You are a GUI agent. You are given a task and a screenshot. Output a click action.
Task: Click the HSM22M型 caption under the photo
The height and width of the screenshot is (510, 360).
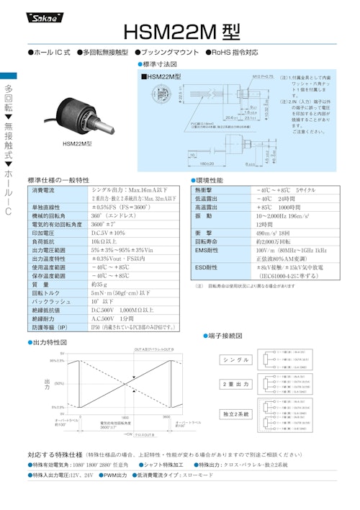point(78,143)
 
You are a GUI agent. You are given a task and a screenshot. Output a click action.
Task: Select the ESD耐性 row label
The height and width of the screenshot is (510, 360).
point(208,267)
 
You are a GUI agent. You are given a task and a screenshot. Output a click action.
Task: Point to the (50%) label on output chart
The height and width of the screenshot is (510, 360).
point(60,383)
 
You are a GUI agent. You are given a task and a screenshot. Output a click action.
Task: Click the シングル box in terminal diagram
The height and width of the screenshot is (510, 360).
point(235,359)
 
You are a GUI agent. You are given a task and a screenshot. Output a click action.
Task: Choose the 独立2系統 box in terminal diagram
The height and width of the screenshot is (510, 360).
point(235,413)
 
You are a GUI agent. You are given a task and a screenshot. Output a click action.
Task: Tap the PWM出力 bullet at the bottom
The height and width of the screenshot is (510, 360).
point(114,475)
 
